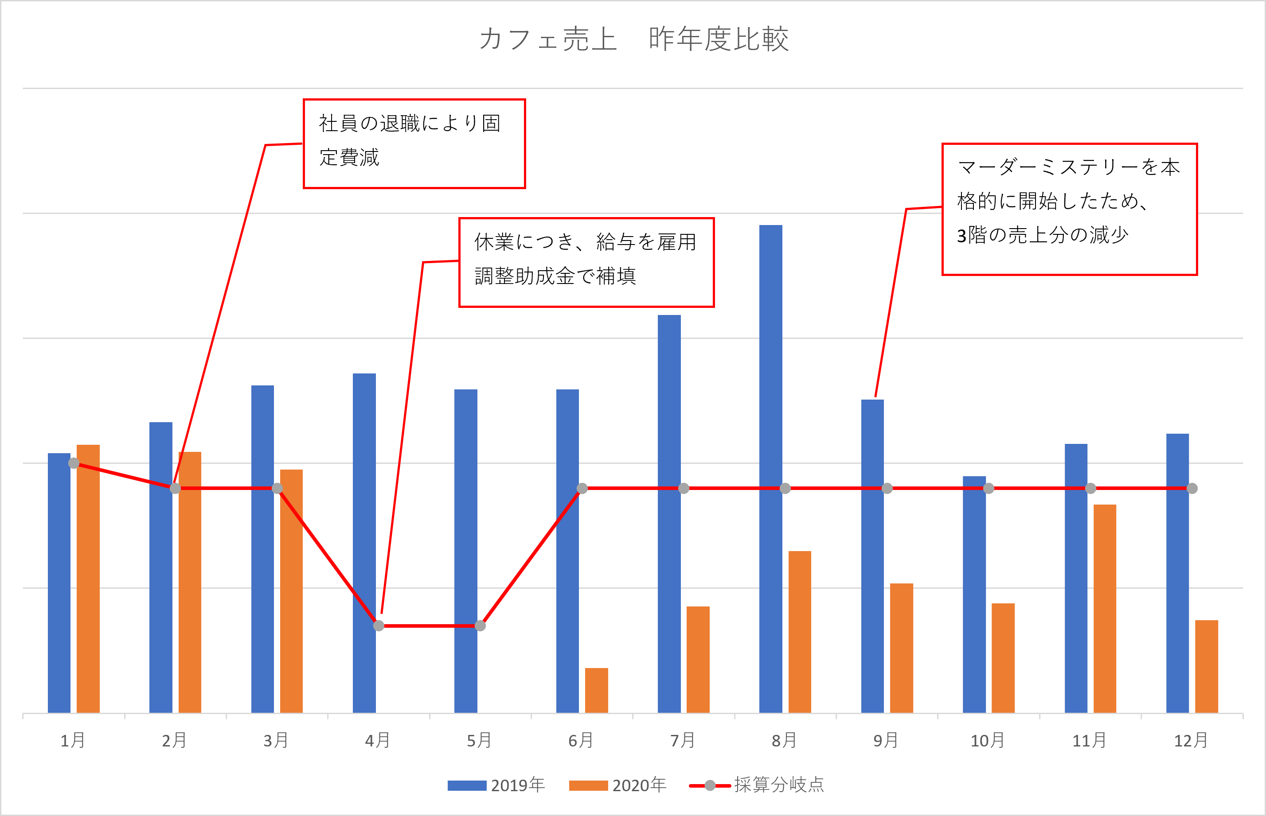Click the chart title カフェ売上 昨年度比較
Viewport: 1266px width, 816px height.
(x=633, y=39)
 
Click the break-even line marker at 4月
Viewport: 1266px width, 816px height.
(x=379, y=626)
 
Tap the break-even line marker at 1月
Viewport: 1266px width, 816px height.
(x=74, y=463)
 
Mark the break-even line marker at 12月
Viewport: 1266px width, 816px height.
(x=1192, y=489)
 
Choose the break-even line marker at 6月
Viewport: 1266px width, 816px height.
(x=582, y=489)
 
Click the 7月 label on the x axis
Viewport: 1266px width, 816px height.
(x=682, y=740)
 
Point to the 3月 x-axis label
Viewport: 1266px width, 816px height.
(x=276, y=740)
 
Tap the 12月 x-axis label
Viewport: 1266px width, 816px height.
(x=1191, y=740)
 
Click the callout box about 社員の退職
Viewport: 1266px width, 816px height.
(x=414, y=144)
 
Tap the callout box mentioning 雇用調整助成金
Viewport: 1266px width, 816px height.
(x=586, y=262)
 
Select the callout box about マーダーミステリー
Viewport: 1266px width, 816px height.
(x=1069, y=209)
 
